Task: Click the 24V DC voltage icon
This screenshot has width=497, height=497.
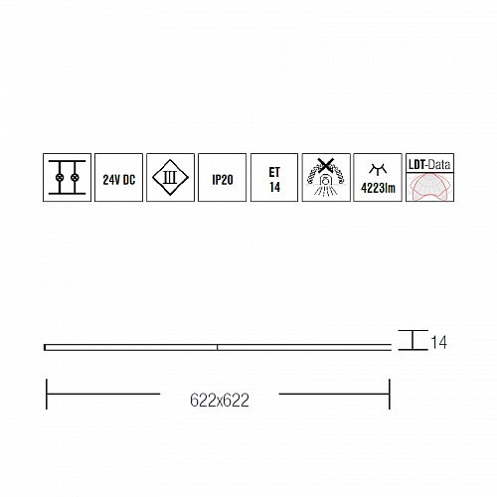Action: pyautogui.click(x=119, y=177)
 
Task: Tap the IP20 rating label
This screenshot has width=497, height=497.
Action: pyautogui.click(x=223, y=180)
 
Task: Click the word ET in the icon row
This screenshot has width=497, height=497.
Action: pyautogui.click(x=274, y=172)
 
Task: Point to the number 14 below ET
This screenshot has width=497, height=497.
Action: pyautogui.click(x=274, y=187)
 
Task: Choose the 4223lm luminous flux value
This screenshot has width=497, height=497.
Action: pyautogui.click(x=378, y=188)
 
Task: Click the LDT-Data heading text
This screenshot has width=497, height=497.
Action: pyautogui.click(x=429, y=164)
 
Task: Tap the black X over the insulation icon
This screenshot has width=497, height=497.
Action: pyautogui.click(x=325, y=165)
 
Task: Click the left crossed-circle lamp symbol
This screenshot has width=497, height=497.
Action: pyautogui.click(x=60, y=178)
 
